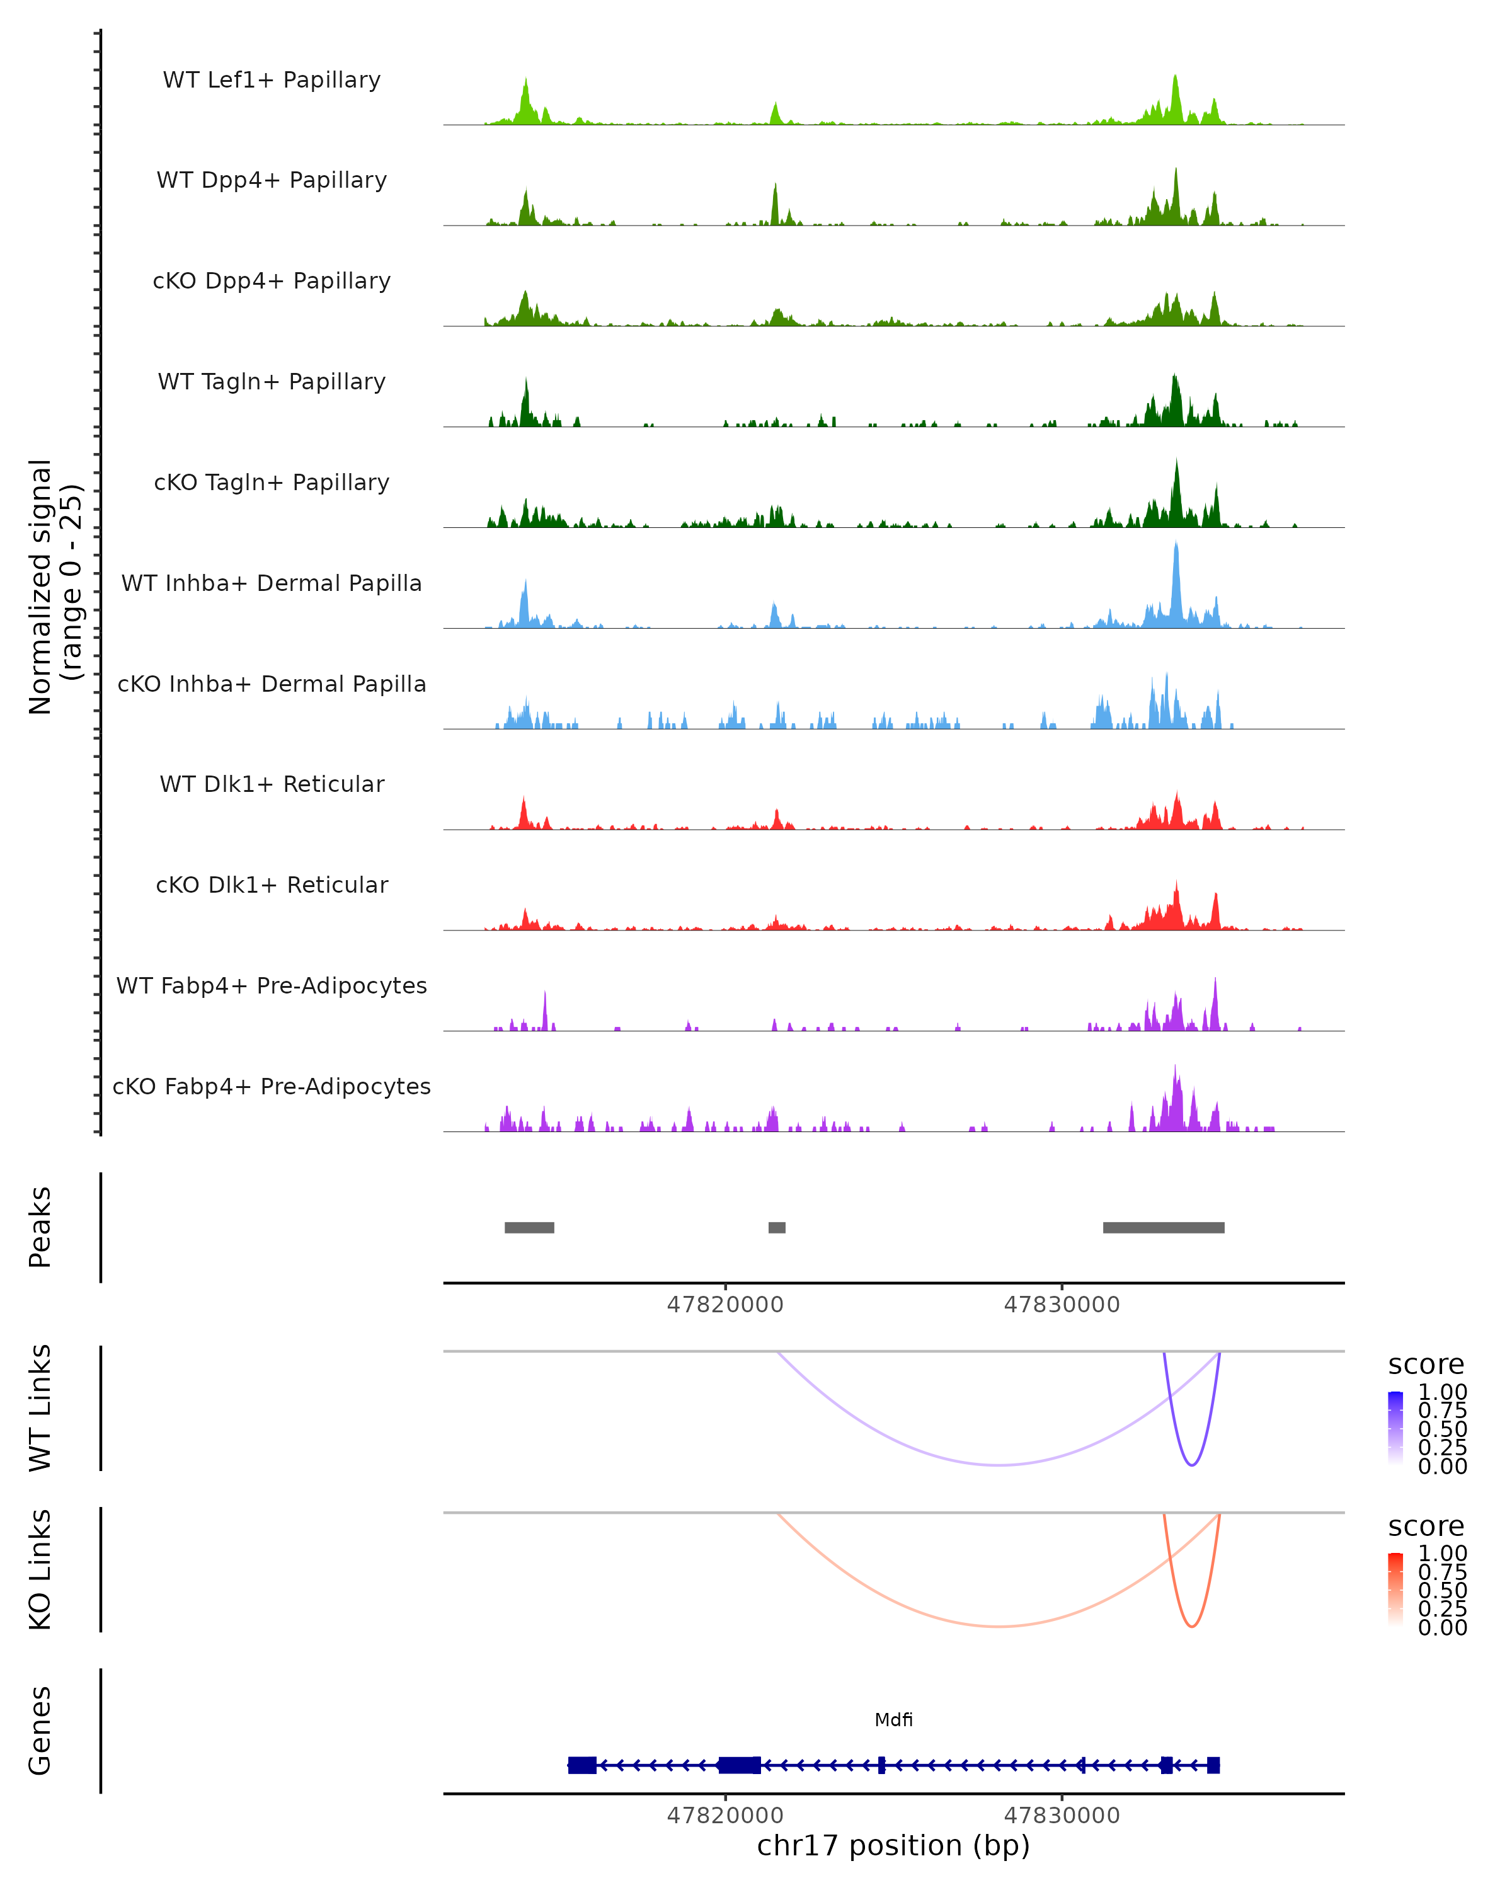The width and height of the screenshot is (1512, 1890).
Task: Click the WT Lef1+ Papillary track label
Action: (x=272, y=80)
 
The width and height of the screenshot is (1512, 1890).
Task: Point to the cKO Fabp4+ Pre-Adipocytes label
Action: (x=272, y=1086)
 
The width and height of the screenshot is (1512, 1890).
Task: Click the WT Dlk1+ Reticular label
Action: (x=272, y=784)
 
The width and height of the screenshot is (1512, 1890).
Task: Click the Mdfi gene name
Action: (x=893, y=1720)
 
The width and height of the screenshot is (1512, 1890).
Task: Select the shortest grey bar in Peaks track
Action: (x=777, y=1227)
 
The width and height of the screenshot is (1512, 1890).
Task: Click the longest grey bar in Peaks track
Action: (x=1163, y=1227)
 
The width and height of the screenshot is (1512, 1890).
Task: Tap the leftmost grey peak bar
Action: (x=529, y=1227)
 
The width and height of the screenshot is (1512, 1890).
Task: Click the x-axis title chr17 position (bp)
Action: (x=893, y=1845)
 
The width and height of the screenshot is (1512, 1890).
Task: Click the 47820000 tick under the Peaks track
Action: (x=725, y=1305)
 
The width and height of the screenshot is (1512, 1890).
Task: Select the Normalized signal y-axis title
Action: (x=54, y=587)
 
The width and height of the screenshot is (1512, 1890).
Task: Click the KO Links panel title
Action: (x=40, y=1569)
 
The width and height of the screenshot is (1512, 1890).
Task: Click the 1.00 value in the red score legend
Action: (x=1442, y=1554)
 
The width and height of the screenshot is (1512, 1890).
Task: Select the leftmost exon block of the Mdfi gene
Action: (x=582, y=1765)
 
